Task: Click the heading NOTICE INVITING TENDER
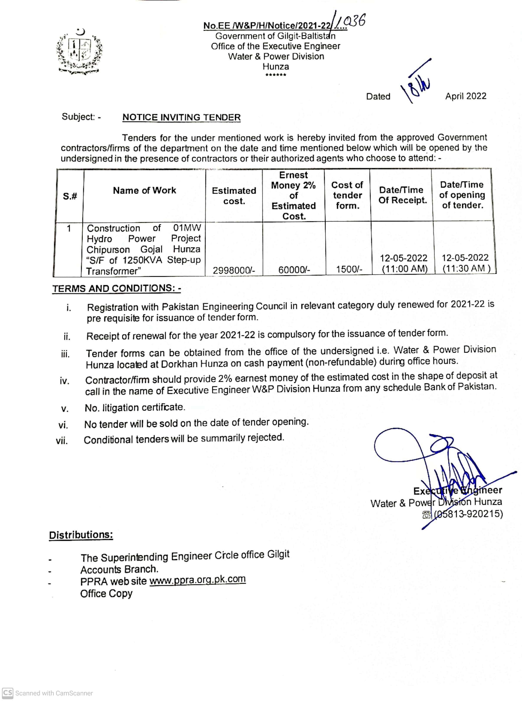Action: click(181, 117)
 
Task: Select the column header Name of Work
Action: click(144, 191)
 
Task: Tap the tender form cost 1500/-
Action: click(349, 269)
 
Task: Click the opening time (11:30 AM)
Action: click(466, 269)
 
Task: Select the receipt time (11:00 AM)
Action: click(405, 269)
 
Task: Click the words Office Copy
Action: click(106, 593)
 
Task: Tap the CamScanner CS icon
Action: click(8, 693)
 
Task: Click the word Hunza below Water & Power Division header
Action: click(276, 67)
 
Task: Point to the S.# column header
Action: click(70, 196)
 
